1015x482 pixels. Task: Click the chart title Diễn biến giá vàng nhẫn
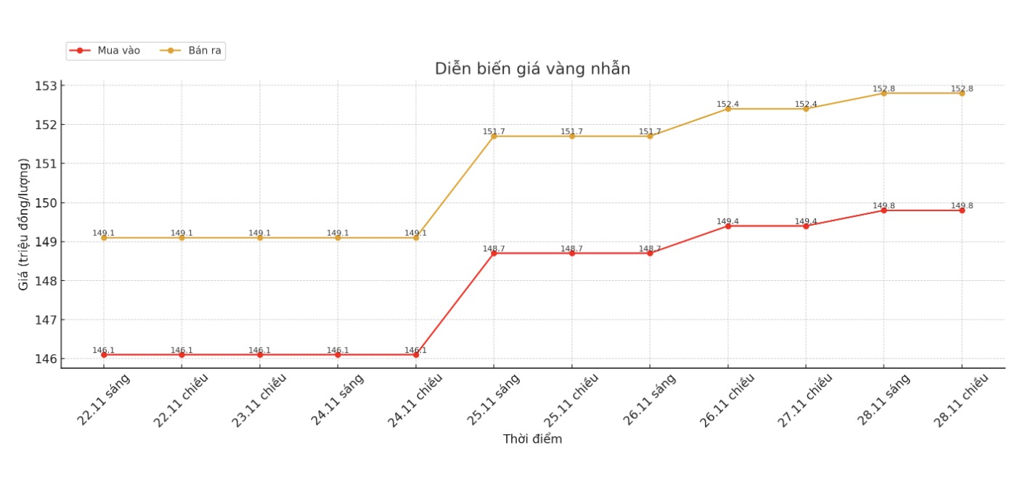[x=532, y=69]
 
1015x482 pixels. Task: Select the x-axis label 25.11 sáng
[x=493, y=400]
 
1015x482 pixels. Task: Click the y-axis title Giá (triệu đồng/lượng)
[x=24, y=224]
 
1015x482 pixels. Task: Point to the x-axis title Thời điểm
[x=532, y=439]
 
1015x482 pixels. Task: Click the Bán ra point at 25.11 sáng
[x=494, y=136]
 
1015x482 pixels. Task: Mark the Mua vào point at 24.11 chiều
[x=416, y=355]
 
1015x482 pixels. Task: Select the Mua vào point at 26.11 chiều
[x=728, y=226]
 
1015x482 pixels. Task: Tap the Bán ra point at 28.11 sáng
[x=884, y=94]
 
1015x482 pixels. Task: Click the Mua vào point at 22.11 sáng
[x=104, y=355]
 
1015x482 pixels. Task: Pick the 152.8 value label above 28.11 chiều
[x=962, y=89]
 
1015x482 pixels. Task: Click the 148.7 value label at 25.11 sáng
[x=494, y=249]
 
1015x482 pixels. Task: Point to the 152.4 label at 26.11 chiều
[x=727, y=105]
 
